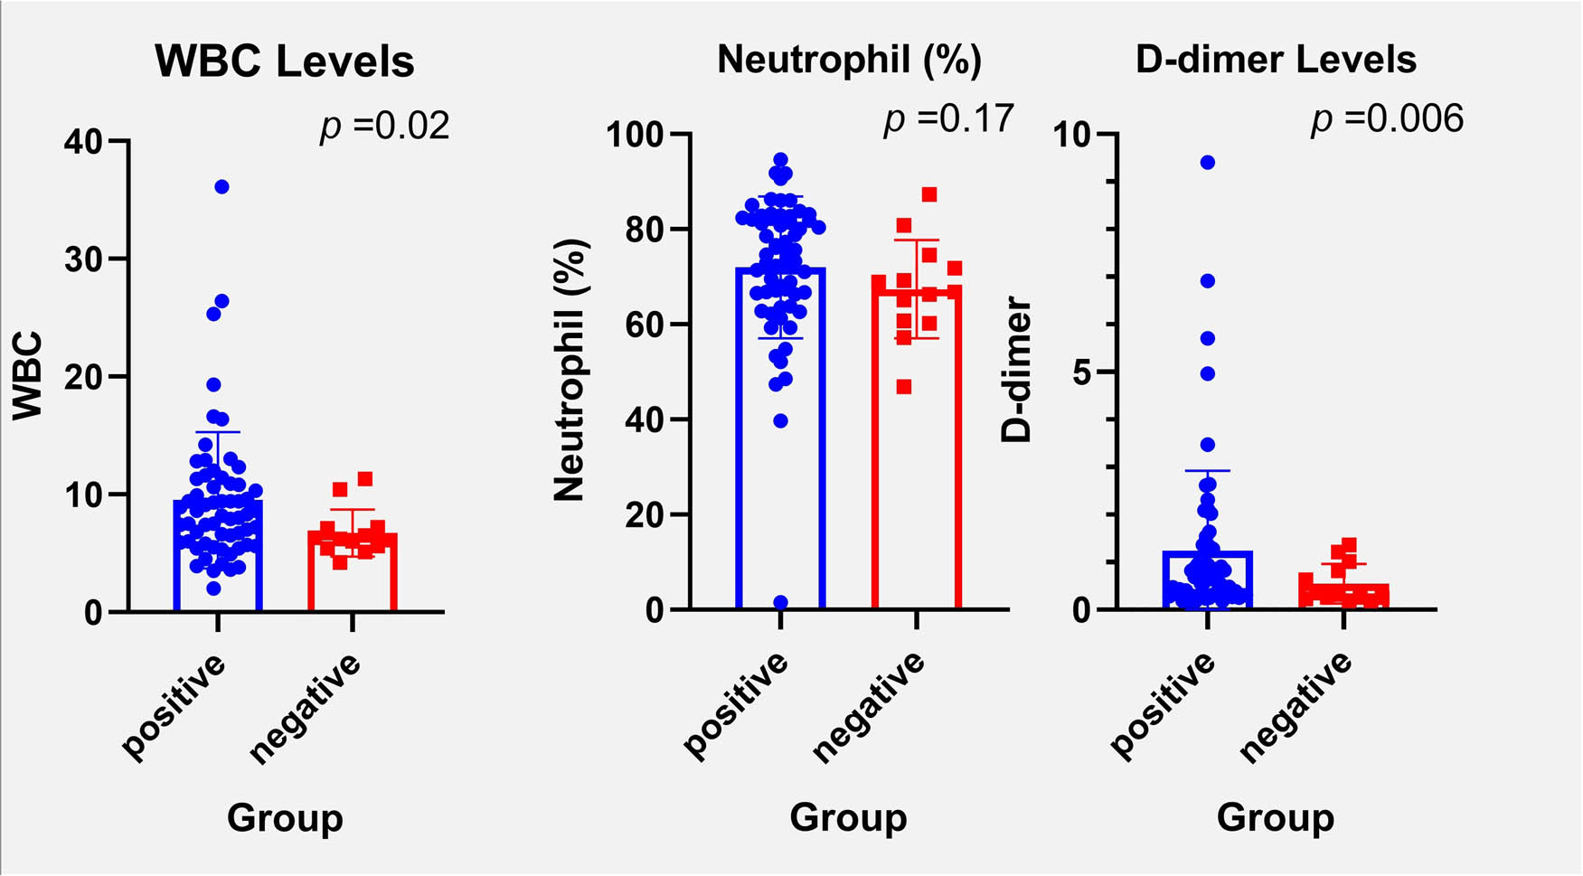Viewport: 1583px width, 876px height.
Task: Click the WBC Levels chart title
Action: coord(284,61)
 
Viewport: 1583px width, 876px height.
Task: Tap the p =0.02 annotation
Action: coord(384,126)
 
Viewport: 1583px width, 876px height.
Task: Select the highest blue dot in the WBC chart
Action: coord(221,187)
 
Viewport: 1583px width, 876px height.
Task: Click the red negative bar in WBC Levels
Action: coord(353,573)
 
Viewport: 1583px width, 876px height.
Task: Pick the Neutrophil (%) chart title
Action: coord(849,60)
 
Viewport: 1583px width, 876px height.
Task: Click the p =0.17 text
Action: coord(948,118)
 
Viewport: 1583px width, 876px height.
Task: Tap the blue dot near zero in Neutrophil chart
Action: coord(780,602)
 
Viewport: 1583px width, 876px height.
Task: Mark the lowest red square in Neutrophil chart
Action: coord(903,387)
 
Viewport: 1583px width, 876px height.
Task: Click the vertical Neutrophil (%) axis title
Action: coord(570,370)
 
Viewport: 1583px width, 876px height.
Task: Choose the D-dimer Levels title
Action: coord(1276,60)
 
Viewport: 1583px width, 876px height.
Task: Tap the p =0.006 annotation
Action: coord(1387,118)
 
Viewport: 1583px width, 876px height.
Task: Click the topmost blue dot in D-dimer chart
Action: coord(1207,163)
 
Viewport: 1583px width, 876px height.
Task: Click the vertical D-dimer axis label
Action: coord(1017,370)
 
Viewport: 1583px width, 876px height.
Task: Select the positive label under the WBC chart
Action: coord(174,706)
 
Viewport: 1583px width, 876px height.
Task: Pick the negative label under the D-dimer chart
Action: coord(1297,708)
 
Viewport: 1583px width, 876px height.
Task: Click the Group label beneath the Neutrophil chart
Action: coord(848,817)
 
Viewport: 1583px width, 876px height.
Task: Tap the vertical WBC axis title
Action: coord(28,376)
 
